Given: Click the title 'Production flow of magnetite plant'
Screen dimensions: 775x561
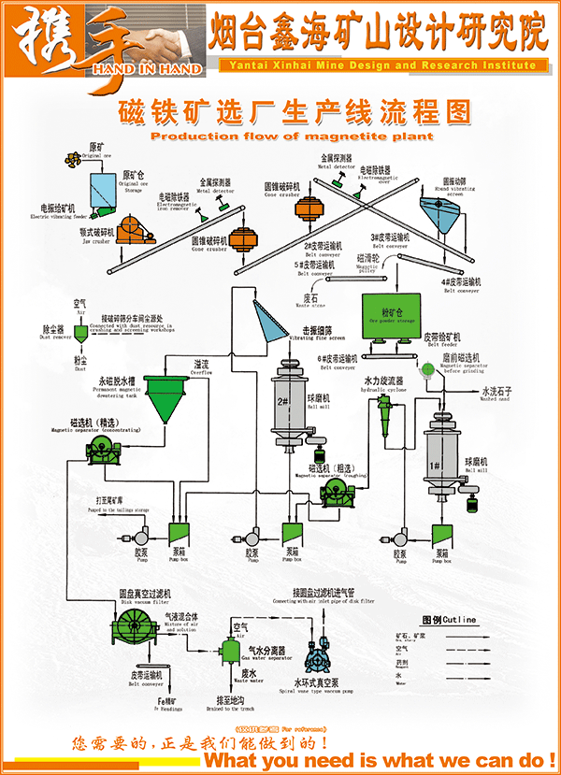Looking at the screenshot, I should (x=292, y=136).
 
